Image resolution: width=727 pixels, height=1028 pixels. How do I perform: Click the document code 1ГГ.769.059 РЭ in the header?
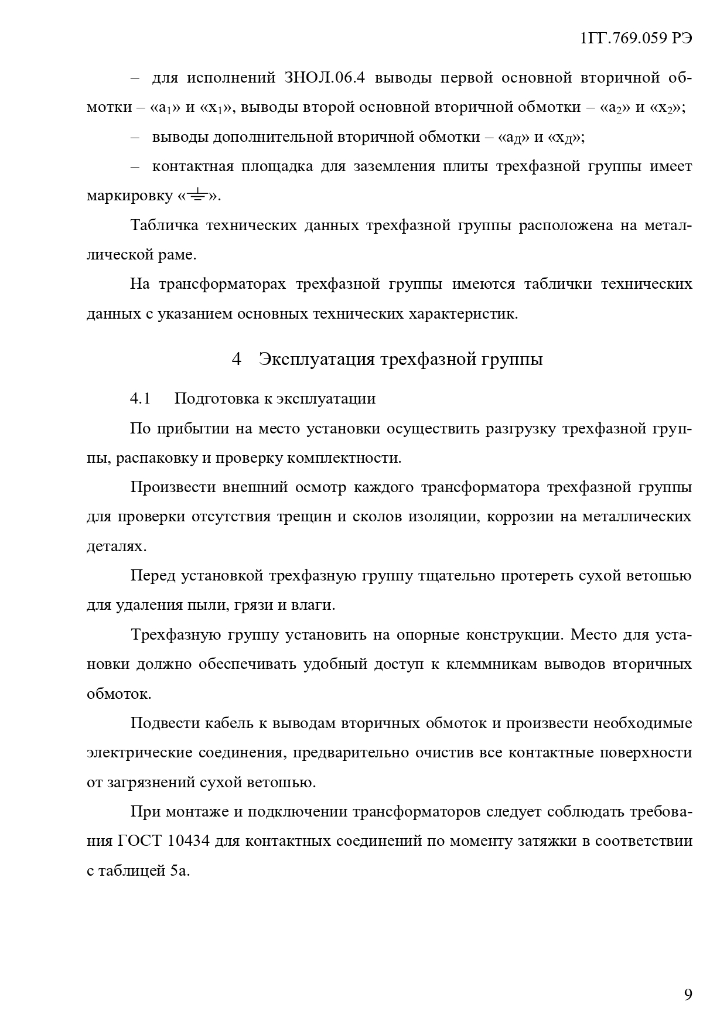(x=636, y=39)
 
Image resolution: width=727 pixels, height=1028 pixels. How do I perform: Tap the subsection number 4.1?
(x=141, y=399)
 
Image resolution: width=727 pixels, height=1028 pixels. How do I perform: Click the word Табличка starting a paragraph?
(x=164, y=226)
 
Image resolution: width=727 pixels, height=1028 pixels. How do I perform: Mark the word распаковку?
(x=156, y=458)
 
